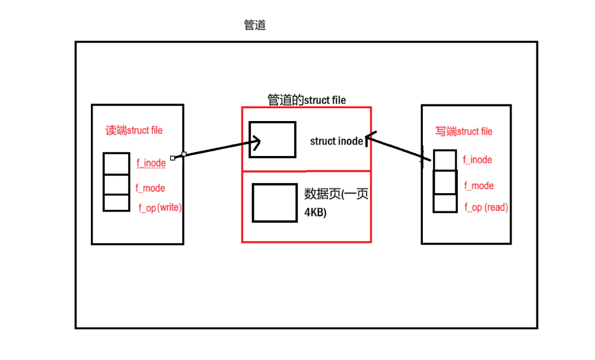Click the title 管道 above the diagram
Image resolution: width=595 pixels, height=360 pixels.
tap(254, 25)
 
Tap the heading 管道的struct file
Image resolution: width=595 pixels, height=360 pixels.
tap(307, 100)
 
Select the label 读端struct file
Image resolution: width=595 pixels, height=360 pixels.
tap(134, 130)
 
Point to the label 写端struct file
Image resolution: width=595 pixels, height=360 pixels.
tap(464, 131)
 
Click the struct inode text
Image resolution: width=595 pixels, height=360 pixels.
tap(336, 142)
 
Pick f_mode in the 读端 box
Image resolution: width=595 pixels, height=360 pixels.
tap(150, 188)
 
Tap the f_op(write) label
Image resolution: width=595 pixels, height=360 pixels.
tap(160, 208)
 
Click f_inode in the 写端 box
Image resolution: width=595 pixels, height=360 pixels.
tap(477, 159)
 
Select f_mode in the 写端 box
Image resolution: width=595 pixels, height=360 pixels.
tap(479, 186)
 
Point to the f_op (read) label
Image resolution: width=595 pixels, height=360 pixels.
tap(486, 207)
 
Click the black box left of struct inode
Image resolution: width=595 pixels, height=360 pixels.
tap(272, 139)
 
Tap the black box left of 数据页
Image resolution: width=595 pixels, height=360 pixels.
tap(275, 203)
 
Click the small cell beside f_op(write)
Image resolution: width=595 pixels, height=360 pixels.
tap(116, 203)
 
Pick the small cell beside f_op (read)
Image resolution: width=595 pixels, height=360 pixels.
tap(445, 203)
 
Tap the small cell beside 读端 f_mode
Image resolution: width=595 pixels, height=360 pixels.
tap(116, 184)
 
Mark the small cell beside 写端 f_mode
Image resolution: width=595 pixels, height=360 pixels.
tap(445, 182)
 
